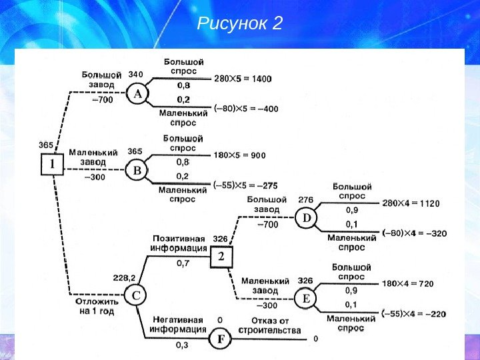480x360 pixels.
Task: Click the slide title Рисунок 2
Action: pos(241,25)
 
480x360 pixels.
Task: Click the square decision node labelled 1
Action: pos(52,164)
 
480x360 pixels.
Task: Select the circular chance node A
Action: pos(138,95)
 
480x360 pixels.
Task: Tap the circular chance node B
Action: pos(137,171)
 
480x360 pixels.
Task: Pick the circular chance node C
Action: pos(136,295)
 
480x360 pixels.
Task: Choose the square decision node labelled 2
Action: pos(221,257)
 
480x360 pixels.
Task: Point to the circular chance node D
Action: pos(307,218)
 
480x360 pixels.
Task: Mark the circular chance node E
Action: pos(307,299)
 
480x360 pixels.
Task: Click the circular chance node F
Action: pos(220,340)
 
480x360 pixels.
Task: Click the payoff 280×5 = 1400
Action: pos(243,79)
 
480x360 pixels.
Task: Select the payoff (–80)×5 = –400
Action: pos(246,108)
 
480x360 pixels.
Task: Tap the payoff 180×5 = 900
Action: pos(239,155)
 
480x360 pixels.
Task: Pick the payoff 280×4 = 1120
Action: pos(410,203)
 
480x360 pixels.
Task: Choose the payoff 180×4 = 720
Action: pos(407,283)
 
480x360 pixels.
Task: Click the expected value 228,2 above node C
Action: pos(124,278)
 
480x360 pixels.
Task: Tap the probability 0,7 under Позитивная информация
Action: pos(183,263)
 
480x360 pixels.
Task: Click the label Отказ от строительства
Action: pos(271,325)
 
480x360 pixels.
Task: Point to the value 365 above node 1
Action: pos(46,145)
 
